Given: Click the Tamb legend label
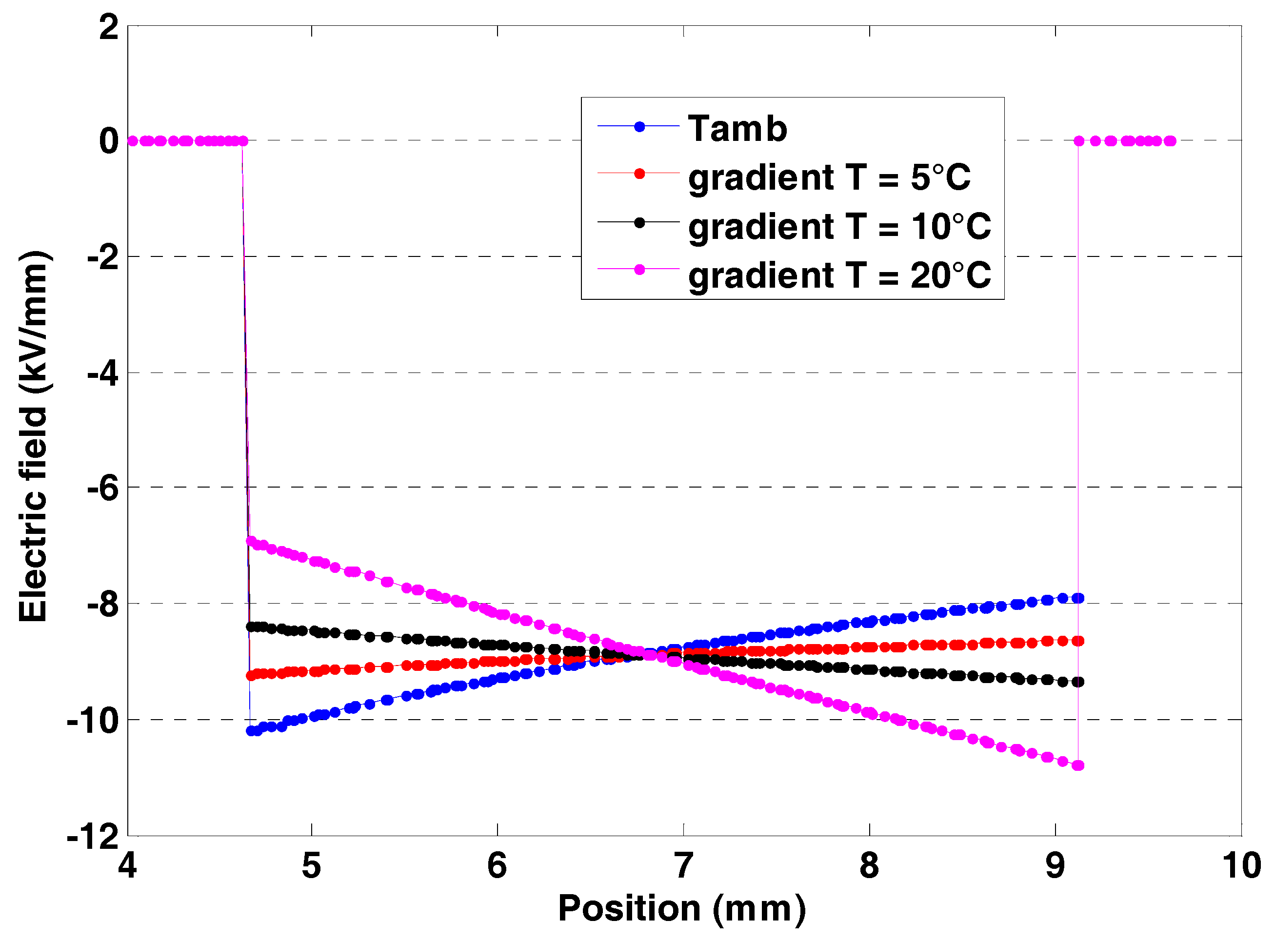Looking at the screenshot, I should click(x=737, y=129).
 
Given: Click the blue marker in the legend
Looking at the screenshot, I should click(x=639, y=126).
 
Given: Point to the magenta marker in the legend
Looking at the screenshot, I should click(x=639, y=269).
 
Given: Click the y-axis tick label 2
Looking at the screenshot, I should click(x=108, y=27).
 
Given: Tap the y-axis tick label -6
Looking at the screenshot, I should click(x=102, y=488).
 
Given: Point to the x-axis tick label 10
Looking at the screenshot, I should click(x=1241, y=865).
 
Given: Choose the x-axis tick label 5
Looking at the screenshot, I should click(x=311, y=865).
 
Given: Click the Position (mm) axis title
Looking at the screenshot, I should click(x=682, y=908).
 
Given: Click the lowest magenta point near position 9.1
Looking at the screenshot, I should click(x=1078, y=766).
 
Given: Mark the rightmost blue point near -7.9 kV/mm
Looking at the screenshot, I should click(x=1078, y=598).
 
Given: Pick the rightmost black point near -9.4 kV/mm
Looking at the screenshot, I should click(x=1078, y=682).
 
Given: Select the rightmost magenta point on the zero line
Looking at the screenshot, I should click(x=1170, y=141).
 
